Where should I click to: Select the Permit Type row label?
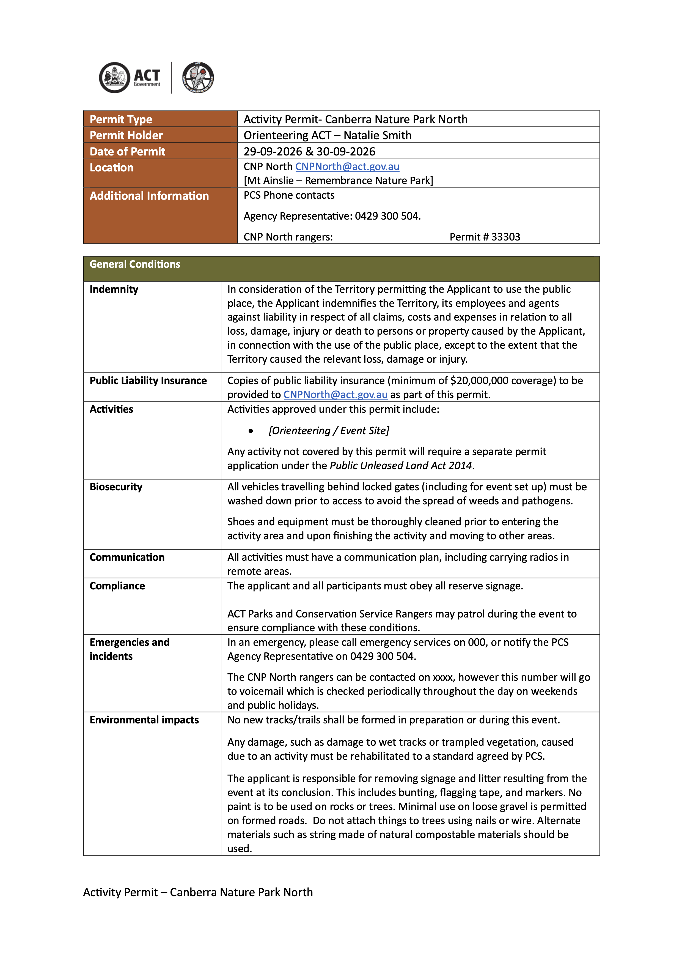pyautogui.click(x=121, y=119)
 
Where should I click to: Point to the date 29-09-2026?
pyautogui.click(x=273, y=151)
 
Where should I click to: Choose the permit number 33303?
pyautogui.click(x=506, y=237)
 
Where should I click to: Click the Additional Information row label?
pyautogui.click(x=149, y=196)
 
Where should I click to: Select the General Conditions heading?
pyautogui.click(x=135, y=264)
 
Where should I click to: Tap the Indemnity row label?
pyautogui.click(x=114, y=289)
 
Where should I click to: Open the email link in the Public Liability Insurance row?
pyautogui.click(x=335, y=395)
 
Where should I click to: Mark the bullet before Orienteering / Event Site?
pyautogui.click(x=251, y=431)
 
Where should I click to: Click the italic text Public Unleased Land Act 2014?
pyautogui.click(x=401, y=466)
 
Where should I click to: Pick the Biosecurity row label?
pyautogui.click(x=116, y=487)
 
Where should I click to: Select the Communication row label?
pyautogui.click(x=127, y=557)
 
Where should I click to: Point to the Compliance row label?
pyautogui.click(x=117, y=586)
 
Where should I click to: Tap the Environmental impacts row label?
pyautogui.click(x=144, y=720)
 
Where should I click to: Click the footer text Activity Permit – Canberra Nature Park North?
pyautogui.click(x=198, y=892)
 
